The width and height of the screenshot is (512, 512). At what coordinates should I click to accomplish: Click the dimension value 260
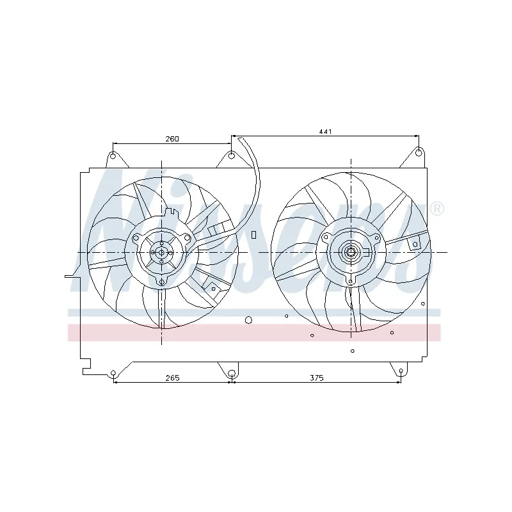[172, 138]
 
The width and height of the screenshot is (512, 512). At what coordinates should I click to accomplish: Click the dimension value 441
[325, 131]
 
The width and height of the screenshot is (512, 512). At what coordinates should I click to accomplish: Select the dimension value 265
[172, 378]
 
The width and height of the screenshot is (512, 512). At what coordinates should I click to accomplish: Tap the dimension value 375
[317, 378]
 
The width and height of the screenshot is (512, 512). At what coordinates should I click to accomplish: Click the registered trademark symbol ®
[437, 209]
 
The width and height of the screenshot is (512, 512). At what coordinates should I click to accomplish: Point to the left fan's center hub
[161, 252]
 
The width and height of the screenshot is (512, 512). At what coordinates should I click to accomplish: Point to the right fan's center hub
[351, 252]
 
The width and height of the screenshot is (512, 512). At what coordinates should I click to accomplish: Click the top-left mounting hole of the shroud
[113, 156]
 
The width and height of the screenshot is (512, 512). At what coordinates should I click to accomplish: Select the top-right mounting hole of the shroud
[418, 152]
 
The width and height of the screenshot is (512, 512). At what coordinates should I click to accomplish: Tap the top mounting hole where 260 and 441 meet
[231, 156]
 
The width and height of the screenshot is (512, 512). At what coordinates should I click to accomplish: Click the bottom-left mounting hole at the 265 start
[113, 373]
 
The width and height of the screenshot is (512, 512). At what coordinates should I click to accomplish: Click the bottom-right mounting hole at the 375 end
[401, 371]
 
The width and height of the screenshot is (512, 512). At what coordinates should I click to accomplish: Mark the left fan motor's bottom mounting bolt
[161, 281]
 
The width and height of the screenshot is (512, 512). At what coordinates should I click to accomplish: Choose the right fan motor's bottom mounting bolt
[351, 280]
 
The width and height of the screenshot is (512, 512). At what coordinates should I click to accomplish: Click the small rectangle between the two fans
[253, 235]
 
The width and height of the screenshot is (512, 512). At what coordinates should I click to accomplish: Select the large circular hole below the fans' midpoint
[249, 319]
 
